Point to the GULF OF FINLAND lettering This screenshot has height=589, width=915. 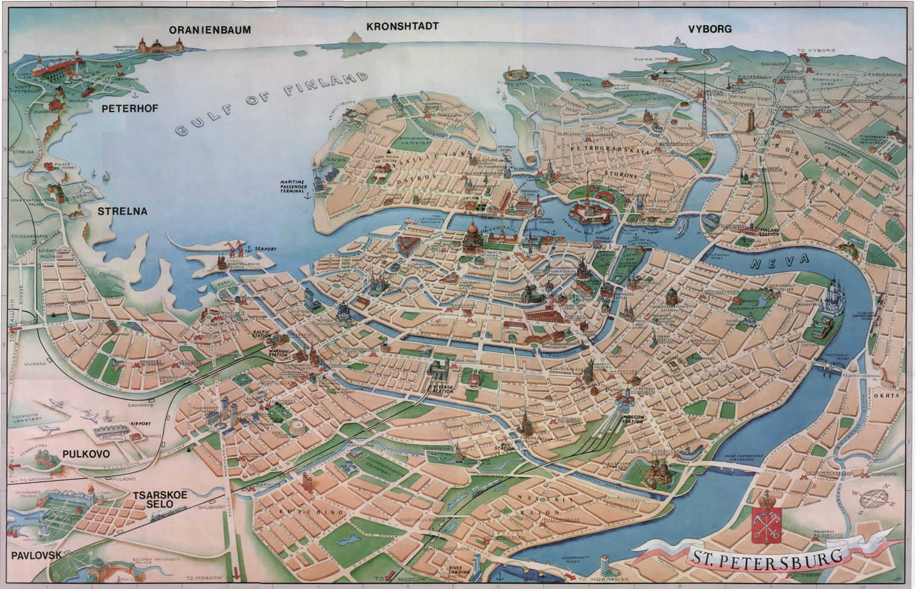(x=271, y=104)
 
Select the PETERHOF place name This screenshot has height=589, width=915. (x=121, y=109)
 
